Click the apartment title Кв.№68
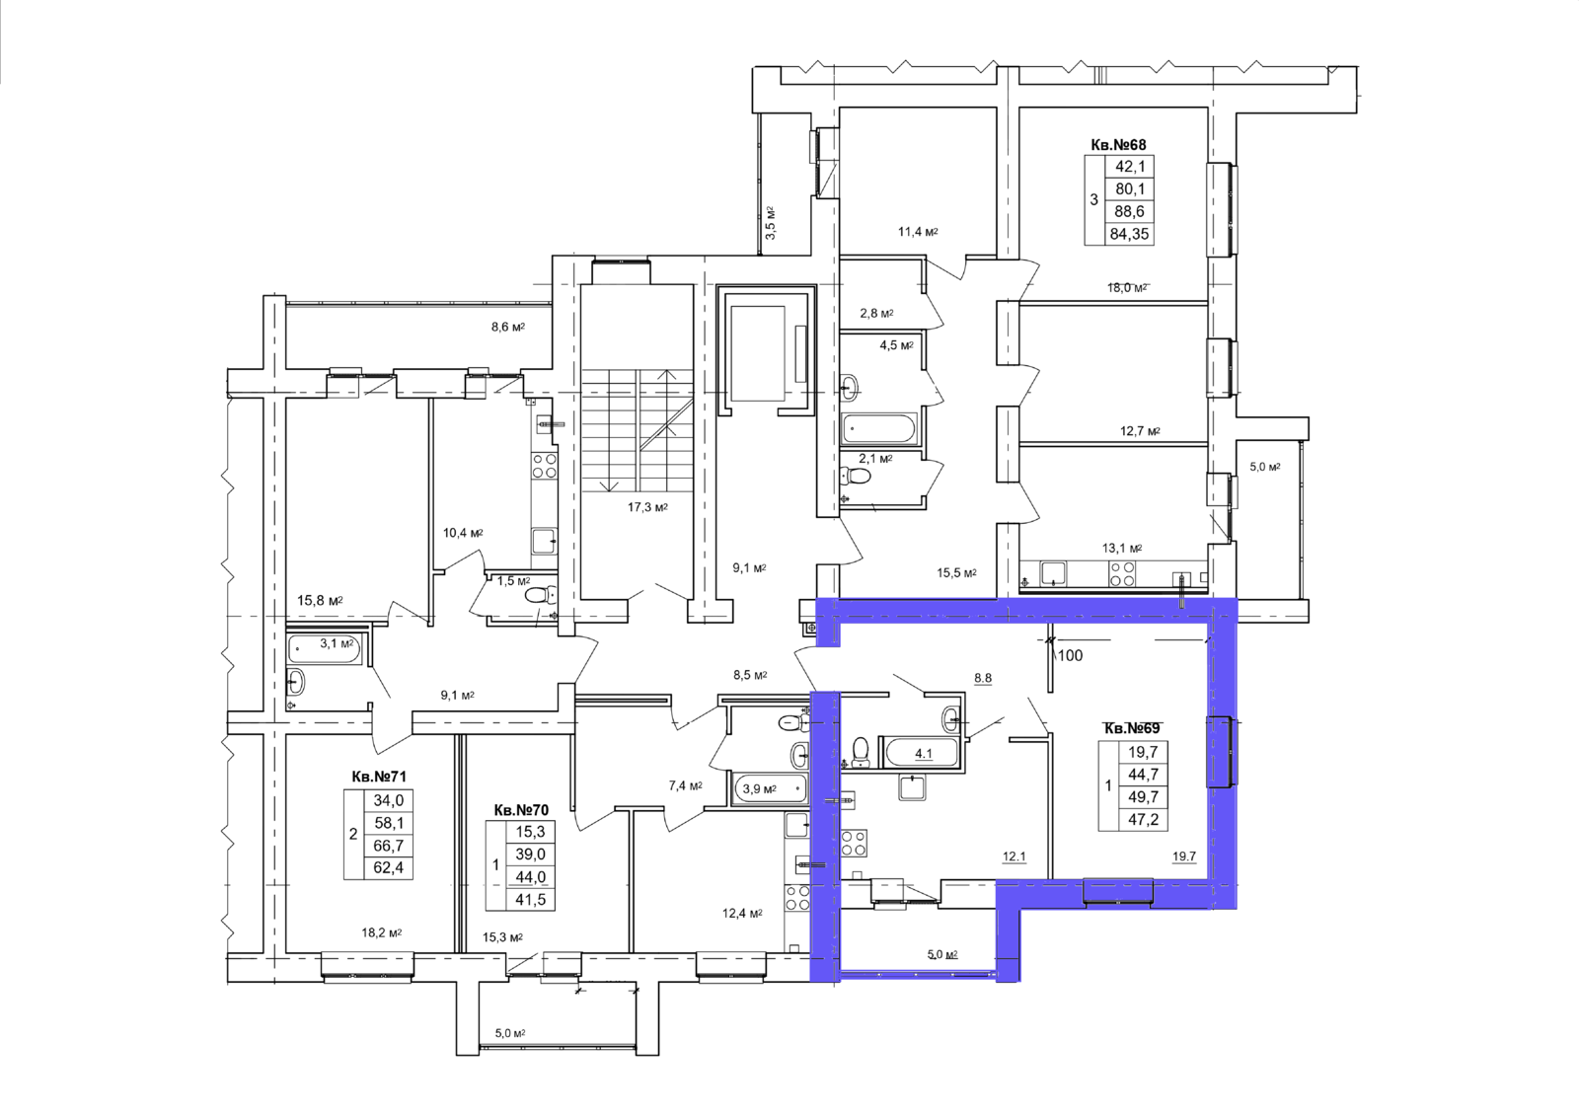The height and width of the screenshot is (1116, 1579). [1119, 144]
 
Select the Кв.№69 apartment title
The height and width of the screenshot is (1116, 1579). [1131, 728]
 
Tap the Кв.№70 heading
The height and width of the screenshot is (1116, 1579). [521, 810]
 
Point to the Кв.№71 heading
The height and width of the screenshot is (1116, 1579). [379, 777]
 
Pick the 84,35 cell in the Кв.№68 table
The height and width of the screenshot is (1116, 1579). [1129, 234]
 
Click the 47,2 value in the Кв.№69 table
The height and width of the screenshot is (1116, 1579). [1143, 819]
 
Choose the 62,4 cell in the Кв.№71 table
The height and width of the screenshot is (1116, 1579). [389, 867]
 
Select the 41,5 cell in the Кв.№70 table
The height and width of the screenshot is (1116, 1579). [531, 900]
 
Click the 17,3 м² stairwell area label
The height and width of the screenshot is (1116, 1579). [647, 507]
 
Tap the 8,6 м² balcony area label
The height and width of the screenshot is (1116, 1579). [508, 328]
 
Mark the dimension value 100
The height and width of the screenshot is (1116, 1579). [1070, 655]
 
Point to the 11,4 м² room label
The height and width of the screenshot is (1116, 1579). [918, 232]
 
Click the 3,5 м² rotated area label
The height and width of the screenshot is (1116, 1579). [771, 223]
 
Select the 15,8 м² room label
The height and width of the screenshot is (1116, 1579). [320, 601]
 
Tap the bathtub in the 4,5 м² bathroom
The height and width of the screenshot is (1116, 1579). [879, 428]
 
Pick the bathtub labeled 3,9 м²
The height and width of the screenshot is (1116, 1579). [770, 788]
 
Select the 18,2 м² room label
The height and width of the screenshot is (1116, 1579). [382, 932]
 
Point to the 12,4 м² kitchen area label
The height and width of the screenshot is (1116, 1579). [742, 914]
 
